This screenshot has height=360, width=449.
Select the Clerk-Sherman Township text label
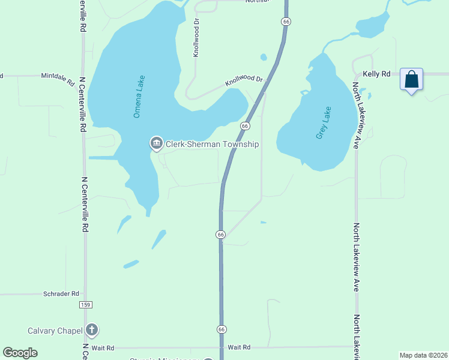point(212,144)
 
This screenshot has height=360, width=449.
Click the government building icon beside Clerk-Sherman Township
point(156,143)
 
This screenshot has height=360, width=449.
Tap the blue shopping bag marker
point(411,79)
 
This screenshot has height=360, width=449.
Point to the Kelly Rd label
point(376,74)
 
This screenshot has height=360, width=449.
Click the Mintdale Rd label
point(57,77)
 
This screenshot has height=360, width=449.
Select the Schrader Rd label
point(61,294)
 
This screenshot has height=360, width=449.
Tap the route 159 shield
point(85,305)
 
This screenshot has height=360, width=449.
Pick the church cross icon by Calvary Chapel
point(91,329)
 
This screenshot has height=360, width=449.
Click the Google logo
point(20,353)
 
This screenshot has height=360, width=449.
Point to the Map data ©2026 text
point(423,355)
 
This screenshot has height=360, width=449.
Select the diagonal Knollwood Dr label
point(244,80)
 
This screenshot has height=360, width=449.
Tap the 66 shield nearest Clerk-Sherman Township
point(245,126)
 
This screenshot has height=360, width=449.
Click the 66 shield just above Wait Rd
point(221,329)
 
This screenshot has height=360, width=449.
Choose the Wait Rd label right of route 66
point(238,347)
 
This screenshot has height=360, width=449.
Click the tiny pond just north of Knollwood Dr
point(263,58)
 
